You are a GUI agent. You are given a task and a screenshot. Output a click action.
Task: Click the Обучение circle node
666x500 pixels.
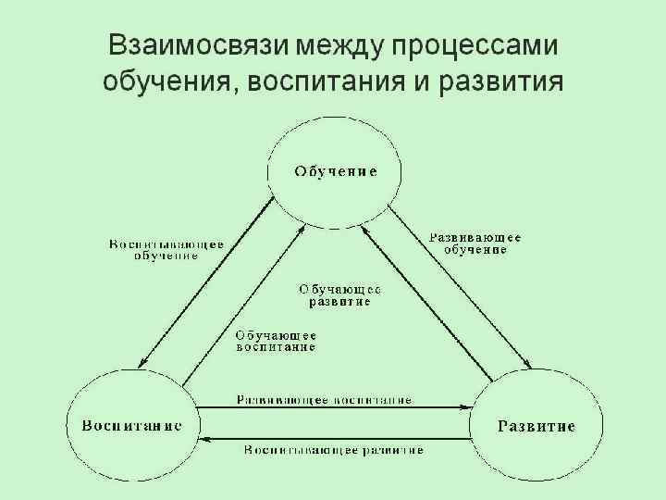tap(335, 171)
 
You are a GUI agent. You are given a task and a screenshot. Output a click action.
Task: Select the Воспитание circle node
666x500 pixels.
tap(132, 427)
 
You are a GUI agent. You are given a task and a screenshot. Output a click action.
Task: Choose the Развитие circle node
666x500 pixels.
tap(536, 427)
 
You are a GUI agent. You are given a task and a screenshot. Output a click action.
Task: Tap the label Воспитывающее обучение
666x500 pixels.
tap(166, 250)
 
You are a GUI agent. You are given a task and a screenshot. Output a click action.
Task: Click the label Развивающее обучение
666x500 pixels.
tap(475, 244)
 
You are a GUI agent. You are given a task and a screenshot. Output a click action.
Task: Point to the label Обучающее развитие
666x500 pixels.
tap(339, 294)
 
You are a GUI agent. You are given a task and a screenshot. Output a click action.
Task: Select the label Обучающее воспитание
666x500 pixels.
tap(276, 341)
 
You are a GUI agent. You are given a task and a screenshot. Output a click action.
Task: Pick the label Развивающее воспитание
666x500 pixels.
tap(323, 400)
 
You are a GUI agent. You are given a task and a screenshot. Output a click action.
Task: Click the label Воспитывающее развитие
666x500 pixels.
tap(334, 450)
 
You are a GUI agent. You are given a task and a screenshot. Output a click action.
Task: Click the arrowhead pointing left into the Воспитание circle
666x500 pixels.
tap(205, 438)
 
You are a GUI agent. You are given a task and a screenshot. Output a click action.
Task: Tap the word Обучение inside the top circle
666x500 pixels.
tap(335, 171)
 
